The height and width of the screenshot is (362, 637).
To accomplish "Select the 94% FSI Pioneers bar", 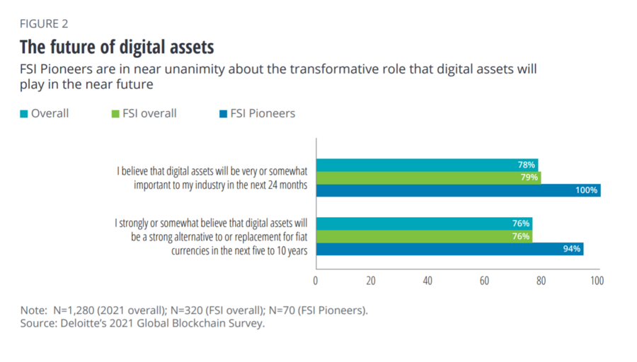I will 449,249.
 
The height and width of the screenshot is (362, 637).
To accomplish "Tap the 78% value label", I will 526,165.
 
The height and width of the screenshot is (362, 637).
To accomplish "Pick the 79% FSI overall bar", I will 427,177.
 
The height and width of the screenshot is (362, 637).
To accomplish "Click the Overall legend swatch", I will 23,113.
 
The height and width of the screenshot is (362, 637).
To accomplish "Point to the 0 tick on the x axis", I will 316,281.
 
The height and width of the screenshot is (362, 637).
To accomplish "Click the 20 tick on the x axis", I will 371,281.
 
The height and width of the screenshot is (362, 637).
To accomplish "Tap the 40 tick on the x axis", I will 427,281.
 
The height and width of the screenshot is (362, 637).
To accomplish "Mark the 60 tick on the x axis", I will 484,281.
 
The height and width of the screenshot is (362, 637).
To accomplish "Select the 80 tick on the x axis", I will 541,281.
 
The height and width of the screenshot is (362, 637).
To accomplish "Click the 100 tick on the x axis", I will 597,281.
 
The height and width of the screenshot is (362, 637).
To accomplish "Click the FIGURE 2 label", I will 43,24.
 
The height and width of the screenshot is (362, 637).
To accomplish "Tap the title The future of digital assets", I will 116,48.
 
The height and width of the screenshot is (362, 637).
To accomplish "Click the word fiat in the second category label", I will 298,236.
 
